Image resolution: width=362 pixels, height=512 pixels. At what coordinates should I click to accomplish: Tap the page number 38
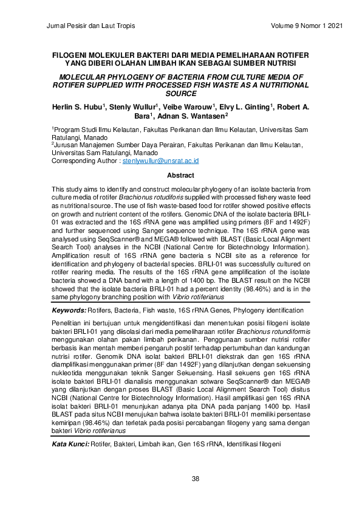point(196,479)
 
